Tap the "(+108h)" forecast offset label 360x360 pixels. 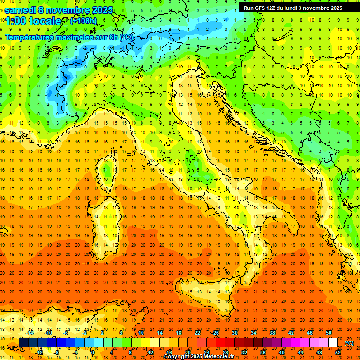tap(84, 21)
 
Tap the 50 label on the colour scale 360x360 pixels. tap(329, 333)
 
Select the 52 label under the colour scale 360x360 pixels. tap(338, 352)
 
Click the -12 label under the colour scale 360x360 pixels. tap(39, 352)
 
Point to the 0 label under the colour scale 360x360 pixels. tap(93, 352)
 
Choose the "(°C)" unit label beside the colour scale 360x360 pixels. tap(349, 343)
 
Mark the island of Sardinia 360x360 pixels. tap(106, 220)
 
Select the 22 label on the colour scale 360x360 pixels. tap(197, 333)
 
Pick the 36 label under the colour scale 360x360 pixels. tap(263, 352)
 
